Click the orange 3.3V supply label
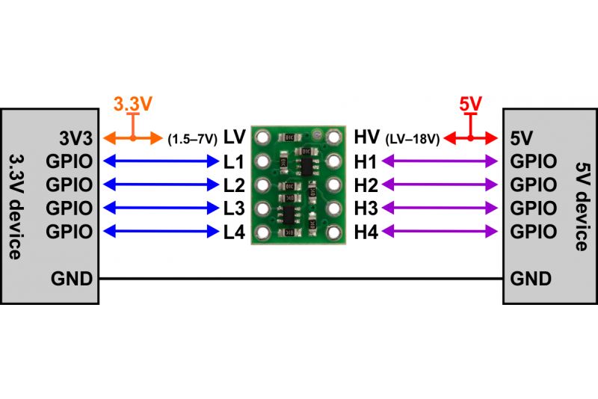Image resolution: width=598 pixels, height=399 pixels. pos(133,104)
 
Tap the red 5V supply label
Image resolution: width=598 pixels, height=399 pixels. pos(471,104)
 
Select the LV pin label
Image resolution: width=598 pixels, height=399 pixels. pos(234,137)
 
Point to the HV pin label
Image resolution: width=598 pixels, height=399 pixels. pos(366,137)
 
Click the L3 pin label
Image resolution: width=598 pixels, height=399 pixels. pos(234,208)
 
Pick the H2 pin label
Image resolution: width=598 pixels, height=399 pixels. pos(366,185)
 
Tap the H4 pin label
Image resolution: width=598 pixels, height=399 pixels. pos(366,232)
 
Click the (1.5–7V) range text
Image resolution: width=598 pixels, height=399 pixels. pos(193,139)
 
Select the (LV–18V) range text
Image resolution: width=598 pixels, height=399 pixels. pos(413,139)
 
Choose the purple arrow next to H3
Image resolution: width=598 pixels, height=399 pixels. pos(440,208)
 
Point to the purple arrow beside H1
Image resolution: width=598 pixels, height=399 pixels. pos(440,161)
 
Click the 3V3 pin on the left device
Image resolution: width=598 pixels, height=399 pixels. pos(76,138)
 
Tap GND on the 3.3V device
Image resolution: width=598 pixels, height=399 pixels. pos(72,279)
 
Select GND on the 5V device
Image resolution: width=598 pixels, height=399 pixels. pos(531,279)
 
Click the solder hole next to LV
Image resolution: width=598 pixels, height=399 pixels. pos(262,137)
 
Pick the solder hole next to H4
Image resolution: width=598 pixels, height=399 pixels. pos(333,232)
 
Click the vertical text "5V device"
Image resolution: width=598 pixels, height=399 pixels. pos(582,206)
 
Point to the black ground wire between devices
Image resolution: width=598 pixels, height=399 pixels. pos(301,279)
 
